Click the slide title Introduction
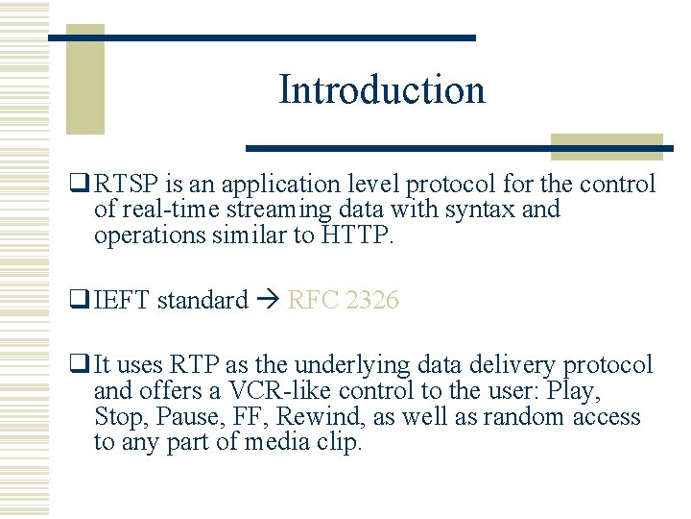[x=382, y=90]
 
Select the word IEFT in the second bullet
[x=123, y=301]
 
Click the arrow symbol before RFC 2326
[x=268, y=301]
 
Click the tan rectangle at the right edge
[x=607, y=147]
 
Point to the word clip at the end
[x=342, y=443]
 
